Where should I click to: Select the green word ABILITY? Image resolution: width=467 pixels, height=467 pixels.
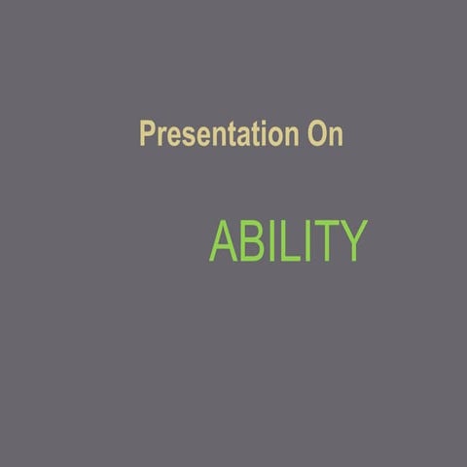[x=288, y=242]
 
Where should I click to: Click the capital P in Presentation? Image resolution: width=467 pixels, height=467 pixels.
[x=148, y=134]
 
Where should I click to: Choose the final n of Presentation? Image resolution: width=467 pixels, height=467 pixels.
[x=288, y=136]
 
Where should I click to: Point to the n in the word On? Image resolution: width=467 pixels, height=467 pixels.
[x=335, y=136]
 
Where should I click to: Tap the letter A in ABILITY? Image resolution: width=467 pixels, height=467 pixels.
[x=224, y=242]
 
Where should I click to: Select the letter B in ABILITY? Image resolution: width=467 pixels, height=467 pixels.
[x=252, y=242]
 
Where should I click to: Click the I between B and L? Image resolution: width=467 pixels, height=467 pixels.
[x=271, y=242]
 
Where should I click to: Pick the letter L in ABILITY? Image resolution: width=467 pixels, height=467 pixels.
[x=288, y=242]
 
